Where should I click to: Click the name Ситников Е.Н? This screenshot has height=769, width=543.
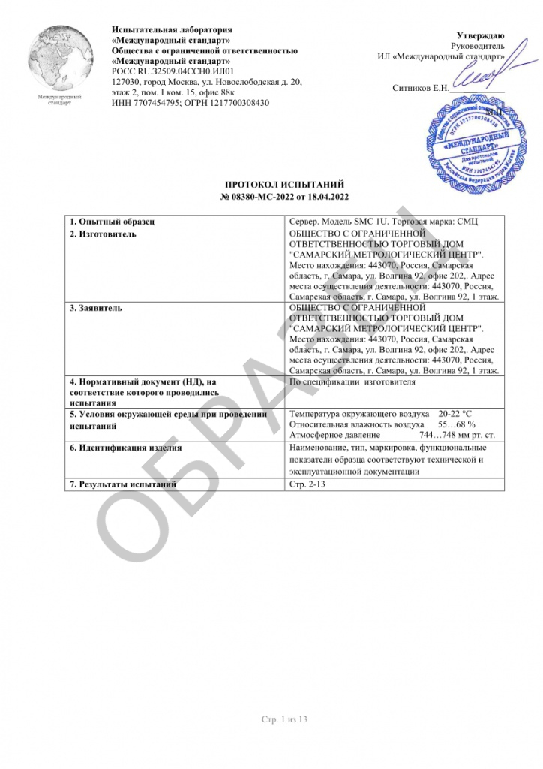[x=420, y=88]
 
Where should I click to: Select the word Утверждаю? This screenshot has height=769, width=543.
[x=481, y=36]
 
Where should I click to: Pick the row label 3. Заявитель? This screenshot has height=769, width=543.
[x=97, y=308]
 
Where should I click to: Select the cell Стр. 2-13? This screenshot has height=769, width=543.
[x=307, y=484]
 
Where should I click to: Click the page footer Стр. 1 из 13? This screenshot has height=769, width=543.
[x=284, y=719]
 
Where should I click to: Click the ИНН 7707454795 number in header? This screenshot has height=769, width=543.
[x=142, y=103]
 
